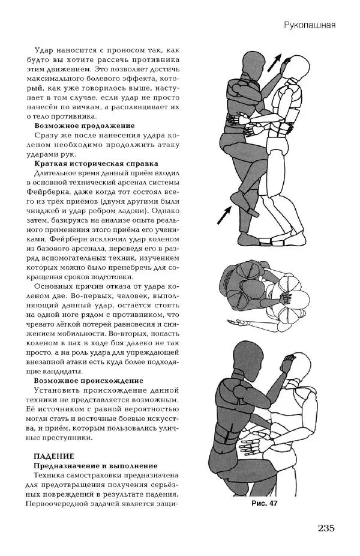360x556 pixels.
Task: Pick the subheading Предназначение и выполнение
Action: [x=96, y=466]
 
